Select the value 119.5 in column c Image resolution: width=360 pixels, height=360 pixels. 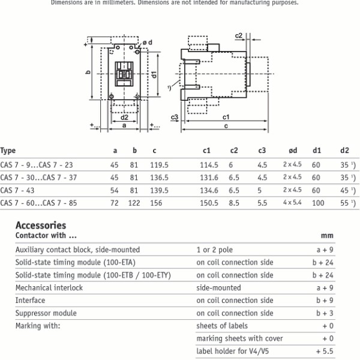[x=160, y=164]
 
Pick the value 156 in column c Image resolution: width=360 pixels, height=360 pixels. [x=157, y=203]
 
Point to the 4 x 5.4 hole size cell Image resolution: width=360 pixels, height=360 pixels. [x=293, y=203]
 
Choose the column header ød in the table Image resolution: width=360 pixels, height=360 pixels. [x=292, y=151]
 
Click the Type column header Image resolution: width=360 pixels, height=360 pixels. [x=8, y=151]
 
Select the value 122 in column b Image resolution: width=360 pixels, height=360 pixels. [x=135, y=203]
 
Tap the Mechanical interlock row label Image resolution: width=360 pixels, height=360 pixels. [x=49, y=287]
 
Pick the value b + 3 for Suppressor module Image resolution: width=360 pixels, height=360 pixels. [x=324, y=313]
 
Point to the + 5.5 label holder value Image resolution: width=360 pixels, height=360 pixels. [x=325, y=351]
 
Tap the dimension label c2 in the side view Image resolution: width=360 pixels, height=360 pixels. [x=239, y=37]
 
